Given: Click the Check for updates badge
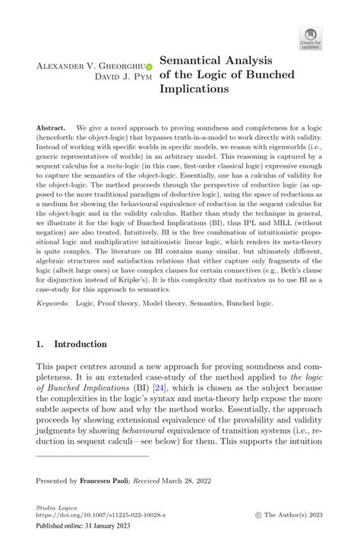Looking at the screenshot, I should [310, 38].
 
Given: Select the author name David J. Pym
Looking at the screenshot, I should [122, 77].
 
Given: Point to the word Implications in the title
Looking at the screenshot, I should [194, 88].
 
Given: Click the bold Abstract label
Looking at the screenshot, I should [51, 128].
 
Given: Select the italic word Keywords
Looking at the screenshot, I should [52, 302].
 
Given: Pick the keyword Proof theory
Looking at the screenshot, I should [122, 302].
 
